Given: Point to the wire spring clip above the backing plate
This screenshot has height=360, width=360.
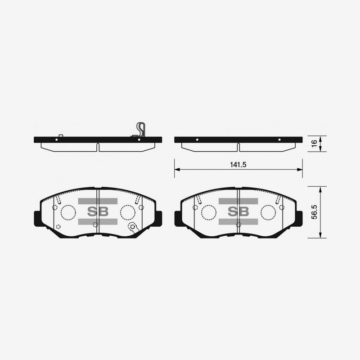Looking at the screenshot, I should (141, 129).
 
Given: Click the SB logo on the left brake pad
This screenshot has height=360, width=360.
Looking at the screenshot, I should (97, 211).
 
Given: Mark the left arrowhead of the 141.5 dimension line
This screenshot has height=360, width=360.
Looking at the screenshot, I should (176, 170).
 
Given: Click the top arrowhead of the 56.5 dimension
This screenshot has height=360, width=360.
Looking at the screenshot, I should (320, 189).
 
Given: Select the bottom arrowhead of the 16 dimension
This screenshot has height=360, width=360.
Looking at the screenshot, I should (320, 150).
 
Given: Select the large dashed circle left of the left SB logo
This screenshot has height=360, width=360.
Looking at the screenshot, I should (68, 212).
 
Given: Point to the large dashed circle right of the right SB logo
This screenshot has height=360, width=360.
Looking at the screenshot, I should (268, 212).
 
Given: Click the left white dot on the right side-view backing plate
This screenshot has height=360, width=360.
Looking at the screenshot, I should (197, 140).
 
